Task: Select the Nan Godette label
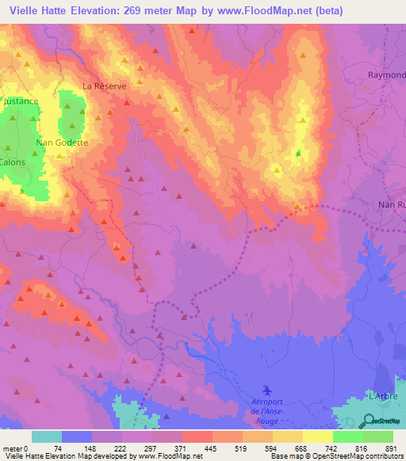click(61, 143)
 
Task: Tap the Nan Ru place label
click(391, 205)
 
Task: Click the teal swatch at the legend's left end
click(47, 436)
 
